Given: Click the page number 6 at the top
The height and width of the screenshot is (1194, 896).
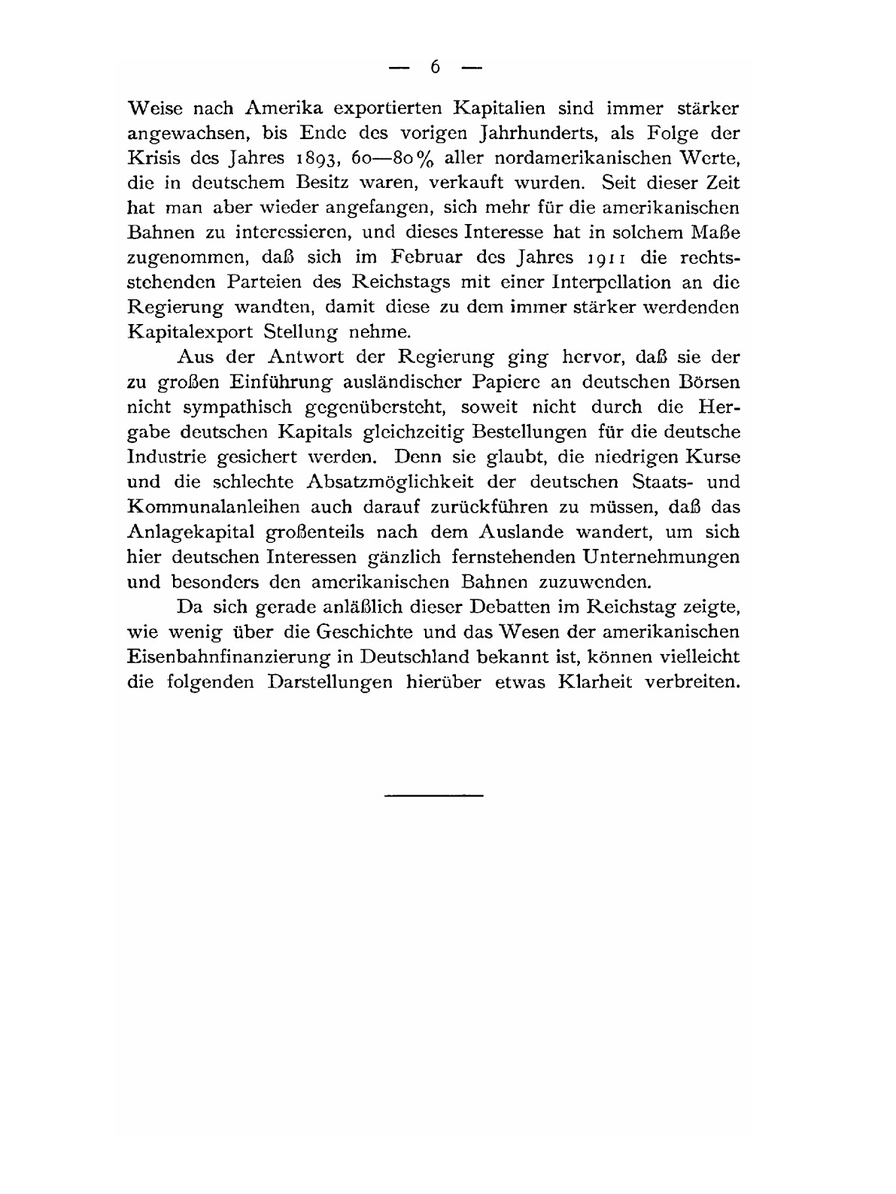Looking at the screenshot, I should click(x=435, y=68).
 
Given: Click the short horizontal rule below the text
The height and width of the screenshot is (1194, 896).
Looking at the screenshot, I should click(x=433, y=795).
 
